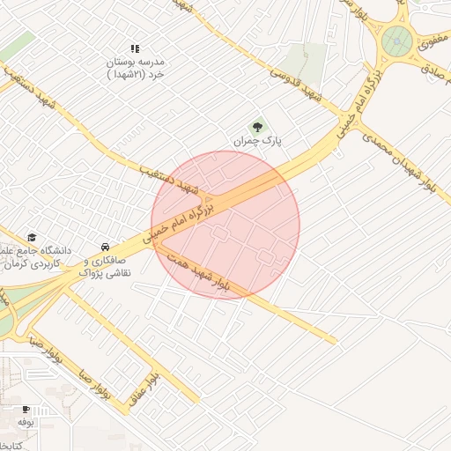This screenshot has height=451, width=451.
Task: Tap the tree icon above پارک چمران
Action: [x=258, y=126]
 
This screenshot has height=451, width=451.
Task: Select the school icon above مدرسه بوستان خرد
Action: [x=135, y=49]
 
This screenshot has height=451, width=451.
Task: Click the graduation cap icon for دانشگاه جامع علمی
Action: [x=33, y=238]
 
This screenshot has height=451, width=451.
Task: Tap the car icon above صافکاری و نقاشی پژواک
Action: [x=105, y=246]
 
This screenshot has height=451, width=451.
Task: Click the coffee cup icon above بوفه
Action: [x=26, y=409]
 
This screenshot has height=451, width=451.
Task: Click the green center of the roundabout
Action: [x=397, y=39]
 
